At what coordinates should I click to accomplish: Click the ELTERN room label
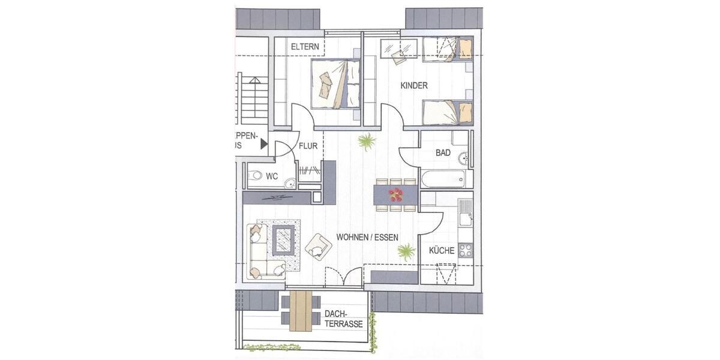pyautogui.click(x=304, y=47)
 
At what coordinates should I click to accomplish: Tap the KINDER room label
pyautogui.click(x=414, y=86)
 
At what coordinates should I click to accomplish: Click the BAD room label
pyautogui.click(x=443, y=153)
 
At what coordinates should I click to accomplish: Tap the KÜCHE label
pyautogui.click(x=442, y=251)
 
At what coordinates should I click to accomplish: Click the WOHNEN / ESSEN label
pyautogui.click(x=367, y=238)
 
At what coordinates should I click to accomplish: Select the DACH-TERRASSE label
pyautogui.click(x=343, y=319)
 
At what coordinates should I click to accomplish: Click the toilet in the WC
pyautogui.click(x=256, y=176)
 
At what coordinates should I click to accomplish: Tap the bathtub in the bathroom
pyautogui.click(x=443, y=178)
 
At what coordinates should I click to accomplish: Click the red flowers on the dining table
pyautogui.click(x=396, y=194)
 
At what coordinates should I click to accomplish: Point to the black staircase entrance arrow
pyautogui.click(x=263, y=143)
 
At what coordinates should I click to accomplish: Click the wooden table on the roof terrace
pyautogui.click(x=301, y=311)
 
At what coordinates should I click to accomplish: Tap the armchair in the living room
pyautogui.click(x=317, y=245)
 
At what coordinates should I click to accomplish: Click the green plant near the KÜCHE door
pyautogui.click(x=406, y=251)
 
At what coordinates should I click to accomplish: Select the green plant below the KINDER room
pyautogui.click(x=367, y=142)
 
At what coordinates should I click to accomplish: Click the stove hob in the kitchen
pyautogui.click(x=465, y=250)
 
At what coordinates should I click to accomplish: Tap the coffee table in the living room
pyautogui.click(x=283, y=238)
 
